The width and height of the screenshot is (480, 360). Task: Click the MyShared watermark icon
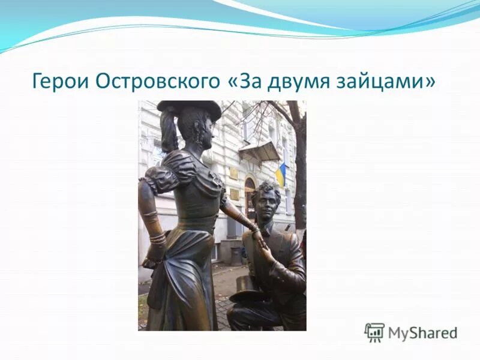(x=374, y=332)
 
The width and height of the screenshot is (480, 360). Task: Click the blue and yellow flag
(x=280, y=174)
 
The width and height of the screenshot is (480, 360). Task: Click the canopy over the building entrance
(x=260, y=151)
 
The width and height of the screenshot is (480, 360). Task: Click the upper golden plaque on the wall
(x=233, y=173)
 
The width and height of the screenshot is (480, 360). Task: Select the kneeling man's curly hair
(x=266, y=188)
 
